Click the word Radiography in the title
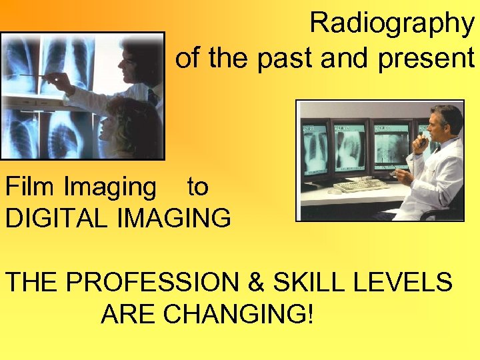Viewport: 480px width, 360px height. pyautogui.click(x=391, y=23)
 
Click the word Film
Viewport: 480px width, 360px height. pyautogui.click(x=31, y=187)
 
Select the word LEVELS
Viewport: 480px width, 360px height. pyautogui.click(x=411, y=283)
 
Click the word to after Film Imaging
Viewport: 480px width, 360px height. pyautogui.click(x=197, y=187)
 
